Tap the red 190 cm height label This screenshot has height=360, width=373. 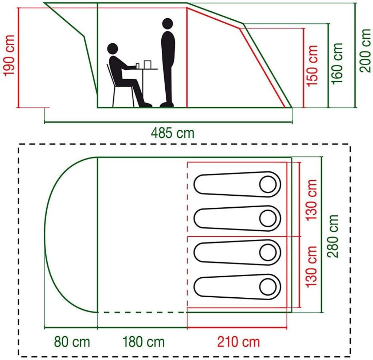pyautogui.click(x=9, y=55)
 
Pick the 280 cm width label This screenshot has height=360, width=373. pyautogui.click(x=333, y=236)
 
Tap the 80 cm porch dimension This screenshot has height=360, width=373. pyautogui.click(x=72, y=342)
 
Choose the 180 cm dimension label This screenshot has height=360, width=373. pyautogui.click(x=143, y=342)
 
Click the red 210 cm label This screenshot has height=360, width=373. pyautogui.click(x=238, y=342)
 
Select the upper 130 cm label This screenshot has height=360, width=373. pyautogui.click(x=311, y=200)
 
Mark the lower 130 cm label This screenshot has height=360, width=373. pyautogui.click(x=311, y=266)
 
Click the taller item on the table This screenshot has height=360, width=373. pyautogui.click(x=148, y=64)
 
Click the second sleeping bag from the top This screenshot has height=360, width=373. pyautogui.click(x=237, y=218)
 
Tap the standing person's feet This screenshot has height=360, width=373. pyautogui.click(x=167, y=105)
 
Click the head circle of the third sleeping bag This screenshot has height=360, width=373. pyautogui.click(x=268, y=253)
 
